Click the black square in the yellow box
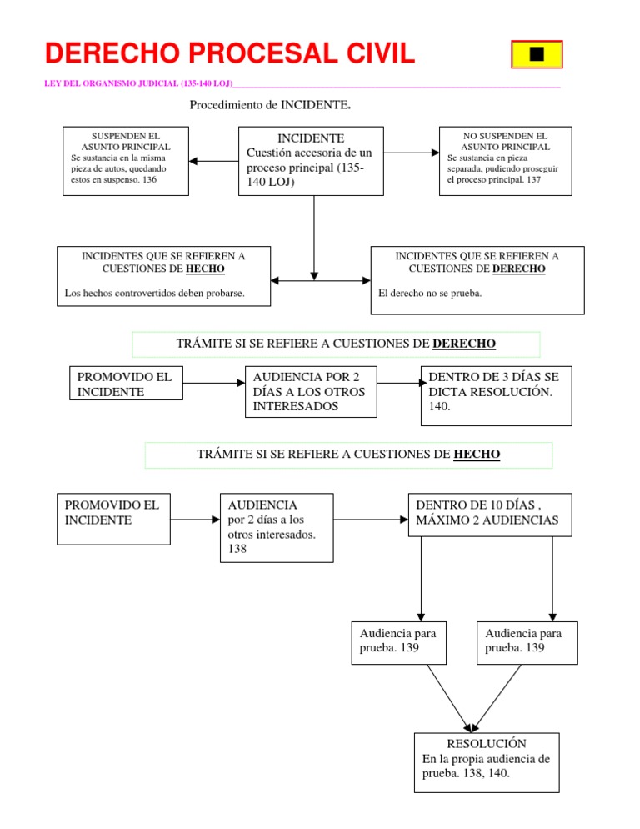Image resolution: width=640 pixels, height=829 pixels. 537,54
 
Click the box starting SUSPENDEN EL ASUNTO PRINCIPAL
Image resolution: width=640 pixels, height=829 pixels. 126,161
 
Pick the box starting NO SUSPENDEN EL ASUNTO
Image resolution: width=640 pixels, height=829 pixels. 505,161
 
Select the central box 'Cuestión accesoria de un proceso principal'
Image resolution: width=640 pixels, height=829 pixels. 311,161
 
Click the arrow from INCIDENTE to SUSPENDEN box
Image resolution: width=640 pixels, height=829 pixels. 213,161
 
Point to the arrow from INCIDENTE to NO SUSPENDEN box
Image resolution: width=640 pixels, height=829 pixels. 412,153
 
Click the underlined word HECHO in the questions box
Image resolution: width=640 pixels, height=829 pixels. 205,269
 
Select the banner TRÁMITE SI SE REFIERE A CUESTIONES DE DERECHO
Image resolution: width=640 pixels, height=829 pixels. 337,344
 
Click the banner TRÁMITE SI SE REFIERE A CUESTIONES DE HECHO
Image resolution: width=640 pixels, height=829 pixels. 348,455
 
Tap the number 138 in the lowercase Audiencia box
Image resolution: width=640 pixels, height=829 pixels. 237,550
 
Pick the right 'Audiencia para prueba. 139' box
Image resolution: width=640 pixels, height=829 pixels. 526,641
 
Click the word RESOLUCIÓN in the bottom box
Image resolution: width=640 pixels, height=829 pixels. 487,742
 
